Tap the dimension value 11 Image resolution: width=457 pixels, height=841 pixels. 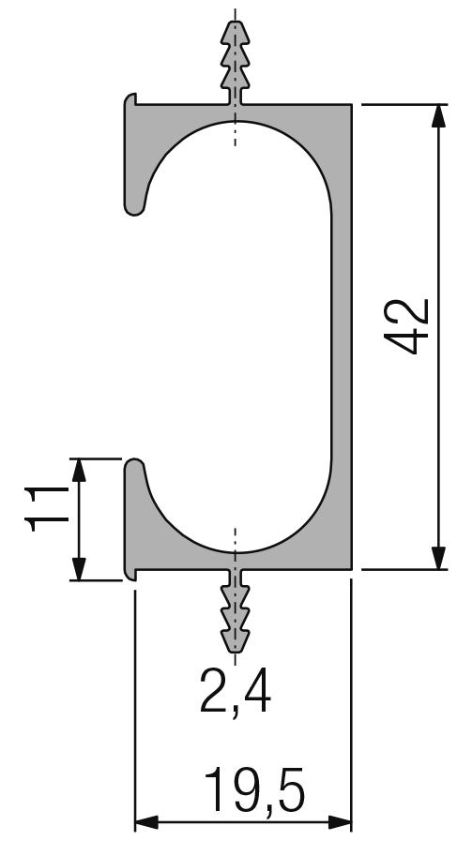click(44, 509)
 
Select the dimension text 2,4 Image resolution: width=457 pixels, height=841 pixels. click(236, 693)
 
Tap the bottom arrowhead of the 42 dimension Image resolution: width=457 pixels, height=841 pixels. click(437, 557)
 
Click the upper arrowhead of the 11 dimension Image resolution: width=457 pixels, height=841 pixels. click(78, 469)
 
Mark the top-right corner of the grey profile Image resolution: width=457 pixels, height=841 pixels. click(350, 104)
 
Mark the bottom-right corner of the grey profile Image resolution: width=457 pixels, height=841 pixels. click(350, 568)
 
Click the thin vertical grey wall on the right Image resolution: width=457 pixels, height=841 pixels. click(342, 338)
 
